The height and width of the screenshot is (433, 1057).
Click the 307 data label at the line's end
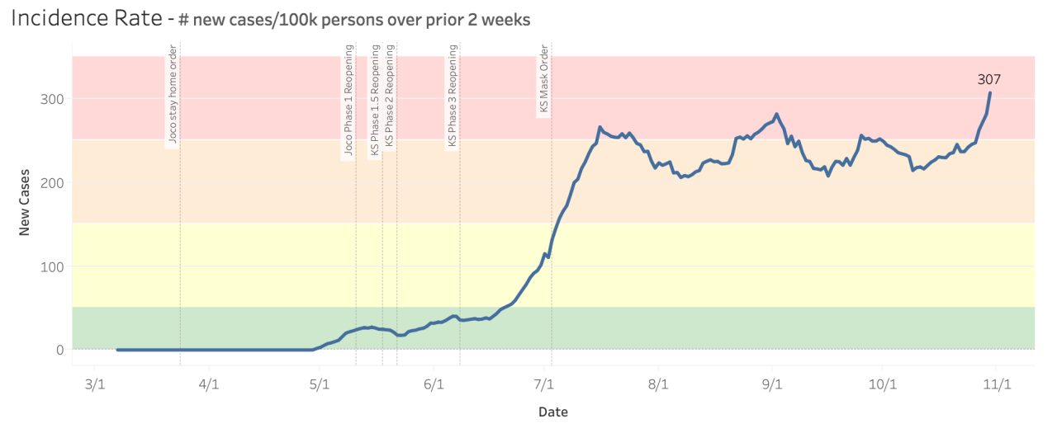point(989,79)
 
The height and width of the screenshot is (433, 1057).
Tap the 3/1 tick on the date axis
point(94,384)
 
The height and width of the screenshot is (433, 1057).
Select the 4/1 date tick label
point(210,384)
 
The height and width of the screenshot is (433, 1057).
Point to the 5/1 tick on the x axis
point(320,384)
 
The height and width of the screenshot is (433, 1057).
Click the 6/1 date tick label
point(434,384)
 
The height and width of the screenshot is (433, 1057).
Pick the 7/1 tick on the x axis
point(544,384)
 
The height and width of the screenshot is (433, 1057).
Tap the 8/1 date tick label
point(658,384)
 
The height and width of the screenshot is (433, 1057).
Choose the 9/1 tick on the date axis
point(772,384)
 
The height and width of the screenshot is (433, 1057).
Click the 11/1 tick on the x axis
point(998,384)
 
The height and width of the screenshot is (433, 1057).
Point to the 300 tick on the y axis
point(52,99)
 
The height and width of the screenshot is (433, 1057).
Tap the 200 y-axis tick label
point(52,182)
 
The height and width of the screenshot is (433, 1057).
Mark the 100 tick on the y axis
point(52,266)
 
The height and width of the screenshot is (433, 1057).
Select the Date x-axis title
point(552,412)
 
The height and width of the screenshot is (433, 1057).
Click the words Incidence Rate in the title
point(85,18)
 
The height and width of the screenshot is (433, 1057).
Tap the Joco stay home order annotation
point(173,101)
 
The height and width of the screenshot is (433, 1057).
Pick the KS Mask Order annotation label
point(543,80)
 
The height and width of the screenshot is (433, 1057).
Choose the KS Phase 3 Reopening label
point(452,97)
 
